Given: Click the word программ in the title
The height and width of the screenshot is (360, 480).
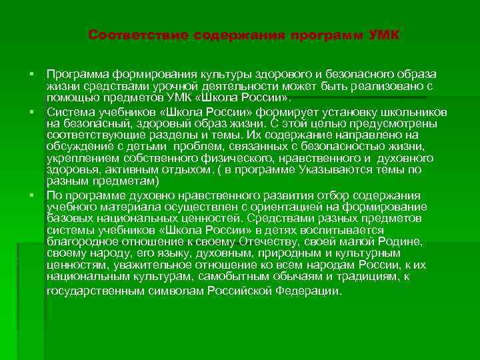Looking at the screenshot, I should click(x=323, y=35).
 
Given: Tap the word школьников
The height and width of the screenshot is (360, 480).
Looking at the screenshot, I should click(x=414, y=112).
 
